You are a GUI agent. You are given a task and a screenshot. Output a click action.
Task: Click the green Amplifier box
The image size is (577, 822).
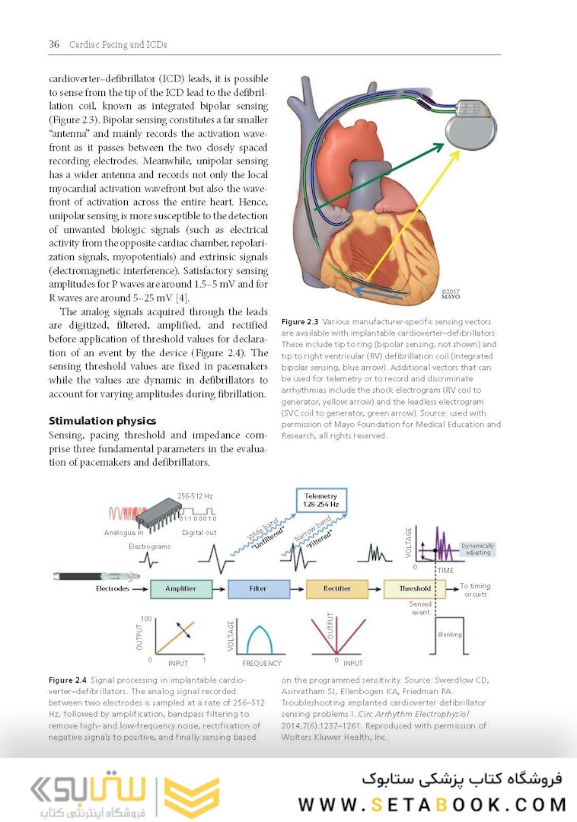pyautogui.click(x=180, y=588)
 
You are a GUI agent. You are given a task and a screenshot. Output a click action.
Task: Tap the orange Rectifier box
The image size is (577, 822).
pyautogui.click(x=337, y=588)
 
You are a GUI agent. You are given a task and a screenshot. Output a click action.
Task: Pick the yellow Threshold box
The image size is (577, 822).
pyautogui.click(x=415, y=588)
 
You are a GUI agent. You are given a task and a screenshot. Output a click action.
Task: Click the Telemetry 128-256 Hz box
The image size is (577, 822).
pyautogui.click(x=320, y=499)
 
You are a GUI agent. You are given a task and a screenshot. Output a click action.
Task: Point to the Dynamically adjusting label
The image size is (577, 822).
pyautogui.click(x=477, y=549)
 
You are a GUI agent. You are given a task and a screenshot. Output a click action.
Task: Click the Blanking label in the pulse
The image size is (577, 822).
pyautogui.click(x=450, y=635)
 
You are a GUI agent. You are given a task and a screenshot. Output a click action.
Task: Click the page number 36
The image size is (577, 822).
pyautogui.click(x=54, y=44)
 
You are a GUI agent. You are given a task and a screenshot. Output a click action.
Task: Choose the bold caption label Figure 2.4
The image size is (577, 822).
pyautogui.click(x=68, y=679)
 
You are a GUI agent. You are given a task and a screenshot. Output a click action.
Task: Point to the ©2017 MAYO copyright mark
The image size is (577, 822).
pyautogui.click(x=451, y=294)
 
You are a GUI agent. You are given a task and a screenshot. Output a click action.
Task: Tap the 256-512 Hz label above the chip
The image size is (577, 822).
pyautogui.click(x=195, y=495)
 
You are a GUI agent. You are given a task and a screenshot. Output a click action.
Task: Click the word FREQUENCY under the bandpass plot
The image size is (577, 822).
pyautogui.click(x=262, y=664)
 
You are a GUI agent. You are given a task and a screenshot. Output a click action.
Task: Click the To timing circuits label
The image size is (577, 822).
pyautogui.click(x=475, y=590)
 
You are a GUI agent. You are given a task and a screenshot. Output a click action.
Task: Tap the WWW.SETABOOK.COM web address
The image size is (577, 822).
pyautogui.click(x=432, y=804)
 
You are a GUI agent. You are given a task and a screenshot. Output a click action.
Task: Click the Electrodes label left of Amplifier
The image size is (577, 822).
pyautogui.click(x=113, y=588)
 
